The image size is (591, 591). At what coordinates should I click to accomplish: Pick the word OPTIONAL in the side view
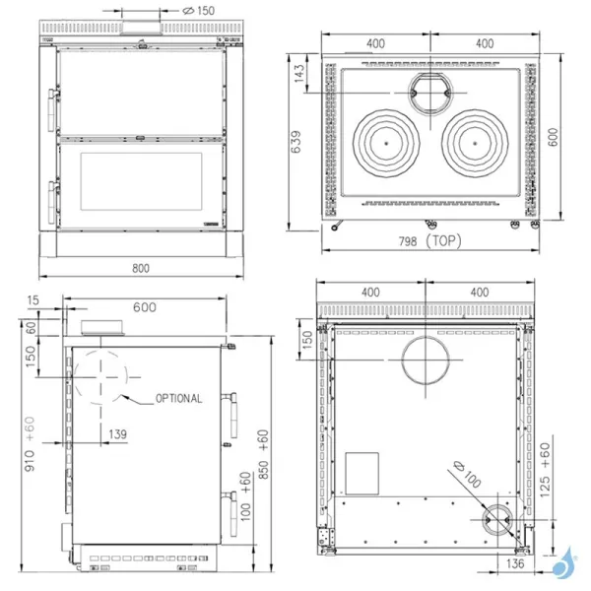coord(178,399)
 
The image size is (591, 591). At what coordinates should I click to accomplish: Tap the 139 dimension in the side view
coord(118,434)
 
